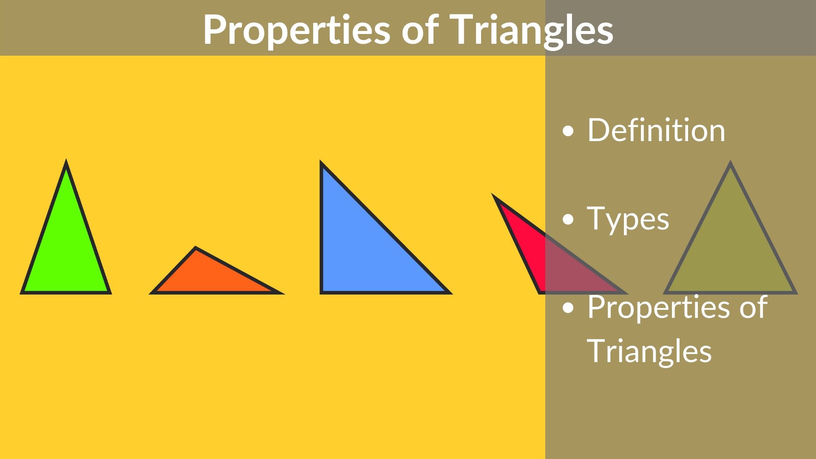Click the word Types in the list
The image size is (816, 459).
(628, 219)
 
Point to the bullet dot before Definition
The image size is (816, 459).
(567, 131)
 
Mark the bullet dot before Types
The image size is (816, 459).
(567, 220)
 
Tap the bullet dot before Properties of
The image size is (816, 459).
(567, 308)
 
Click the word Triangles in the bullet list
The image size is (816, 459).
(649, 351)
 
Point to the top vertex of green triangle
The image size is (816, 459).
(66, 162)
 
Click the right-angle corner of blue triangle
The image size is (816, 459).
(322, 292)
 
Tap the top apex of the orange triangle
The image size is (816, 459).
(195, 248)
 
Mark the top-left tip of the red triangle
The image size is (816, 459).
(494, 196)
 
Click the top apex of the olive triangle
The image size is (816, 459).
(730, 164)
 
